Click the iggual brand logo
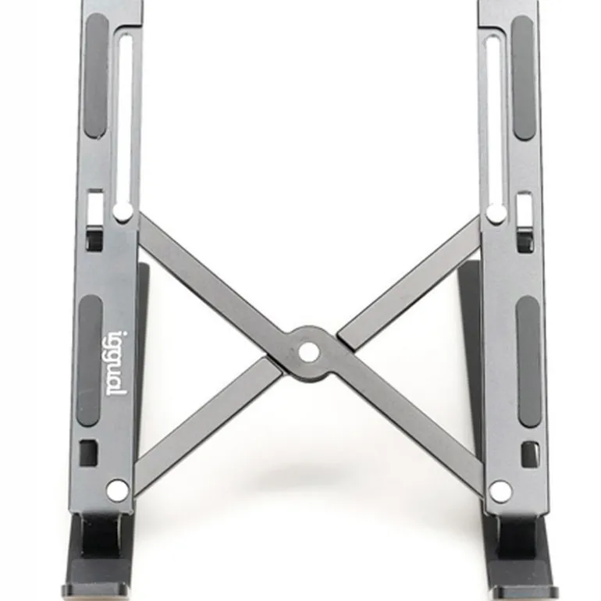tap(115, 364)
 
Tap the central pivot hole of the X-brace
tap(308, 352)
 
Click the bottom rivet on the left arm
tap(118, 490)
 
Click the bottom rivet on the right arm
tap(500, 491)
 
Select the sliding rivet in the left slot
tap(123, 212)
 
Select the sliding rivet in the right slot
tap(496, 213)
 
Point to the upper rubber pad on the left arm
tap(96, 76)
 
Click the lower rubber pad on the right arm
tap(529, 362)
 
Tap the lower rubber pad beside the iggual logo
tap(90, 361)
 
